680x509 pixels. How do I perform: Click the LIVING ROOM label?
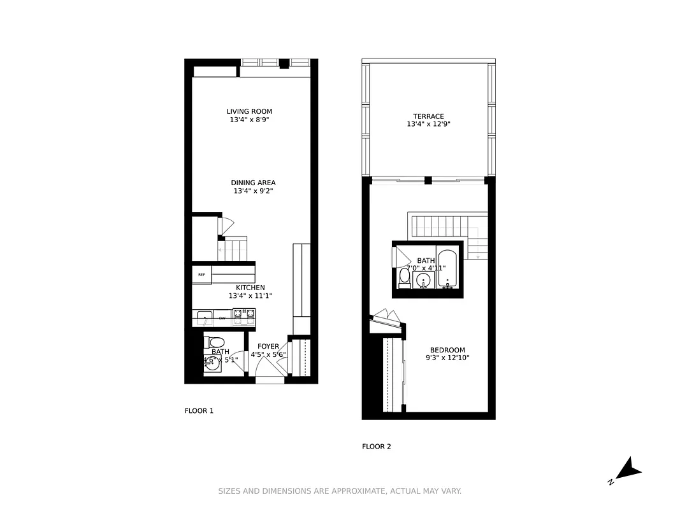254,112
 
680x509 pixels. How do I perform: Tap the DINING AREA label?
253,183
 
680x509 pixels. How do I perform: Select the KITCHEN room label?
250,288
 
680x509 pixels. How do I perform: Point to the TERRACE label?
428,116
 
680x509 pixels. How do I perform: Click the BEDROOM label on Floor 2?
447,350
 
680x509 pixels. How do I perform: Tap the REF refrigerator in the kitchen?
201,275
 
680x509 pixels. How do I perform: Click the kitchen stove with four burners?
243,314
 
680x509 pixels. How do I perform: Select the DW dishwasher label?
222,317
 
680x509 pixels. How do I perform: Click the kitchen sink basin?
204,316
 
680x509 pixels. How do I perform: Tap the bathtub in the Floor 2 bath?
447,269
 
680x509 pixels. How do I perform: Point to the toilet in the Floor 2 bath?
404,278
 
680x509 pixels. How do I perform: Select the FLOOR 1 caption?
199,411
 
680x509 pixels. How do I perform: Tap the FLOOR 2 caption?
377,447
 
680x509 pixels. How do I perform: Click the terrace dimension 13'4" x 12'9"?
428,125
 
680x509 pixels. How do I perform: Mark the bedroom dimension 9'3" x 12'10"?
447,358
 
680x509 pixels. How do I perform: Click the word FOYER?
268,347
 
